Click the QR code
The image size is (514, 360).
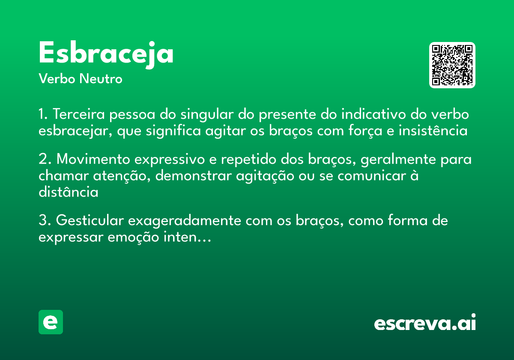click(x=452, y=65)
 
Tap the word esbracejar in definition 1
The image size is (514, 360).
click(x=75, y=131)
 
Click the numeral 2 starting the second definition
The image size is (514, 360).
click(x=43, y=159)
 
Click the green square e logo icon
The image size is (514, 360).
click(x=51, y=322)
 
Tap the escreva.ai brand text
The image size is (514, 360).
click(x=425, y=323)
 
